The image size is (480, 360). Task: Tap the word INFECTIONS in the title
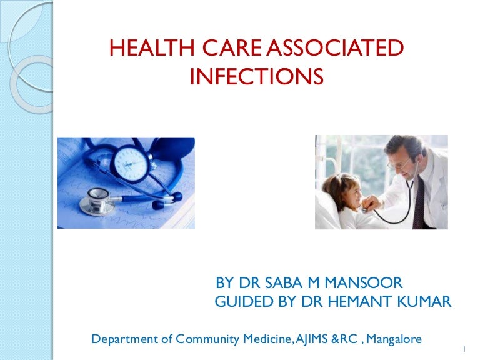point(256,76)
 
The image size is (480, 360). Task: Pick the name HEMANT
point(357,303)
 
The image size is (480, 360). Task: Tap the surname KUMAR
point(425,303)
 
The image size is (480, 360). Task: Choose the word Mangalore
point(394,339)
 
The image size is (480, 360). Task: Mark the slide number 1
point(466,349)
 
